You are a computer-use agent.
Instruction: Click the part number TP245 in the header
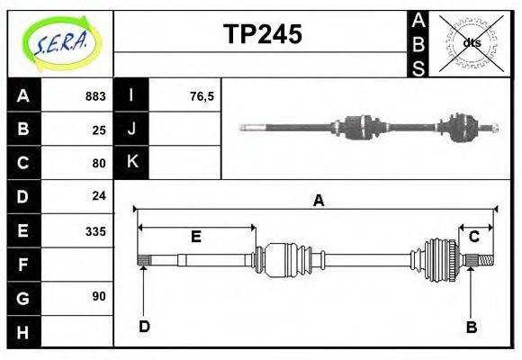tap(262, 35)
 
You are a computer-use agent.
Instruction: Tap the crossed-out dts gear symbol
tap(471, 42)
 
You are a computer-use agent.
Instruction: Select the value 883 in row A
tap(95, 96)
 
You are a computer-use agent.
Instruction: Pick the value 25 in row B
tap(99, 130)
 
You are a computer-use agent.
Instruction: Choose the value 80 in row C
tap(99, 163)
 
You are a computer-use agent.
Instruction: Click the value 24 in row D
tap(99, 196)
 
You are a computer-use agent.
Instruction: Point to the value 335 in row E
tap(95, 230)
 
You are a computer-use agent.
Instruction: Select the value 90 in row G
tap(99, 296)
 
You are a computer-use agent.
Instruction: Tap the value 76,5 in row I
tap(202, 96)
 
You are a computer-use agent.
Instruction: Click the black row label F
tap(22, 264)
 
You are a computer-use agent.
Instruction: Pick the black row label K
tap(131, 163)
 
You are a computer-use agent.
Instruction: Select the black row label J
tap(131, 130)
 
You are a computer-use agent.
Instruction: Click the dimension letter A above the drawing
tap(318, 201)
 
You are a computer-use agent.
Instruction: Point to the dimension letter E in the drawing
tap(195, 237)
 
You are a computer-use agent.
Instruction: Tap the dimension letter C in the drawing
tap(473, 237)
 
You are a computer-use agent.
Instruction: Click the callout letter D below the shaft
tap(144, 326)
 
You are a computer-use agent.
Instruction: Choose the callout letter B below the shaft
tap(471, 327)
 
